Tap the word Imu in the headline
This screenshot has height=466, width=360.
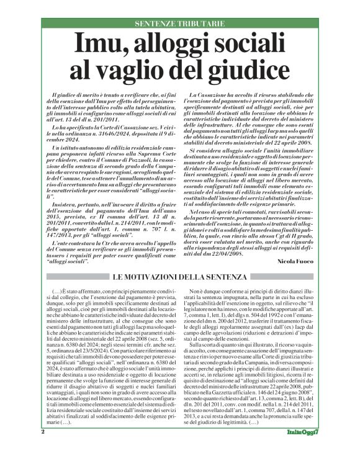tap(99, 45)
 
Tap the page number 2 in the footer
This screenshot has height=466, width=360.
tap(43, 449)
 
